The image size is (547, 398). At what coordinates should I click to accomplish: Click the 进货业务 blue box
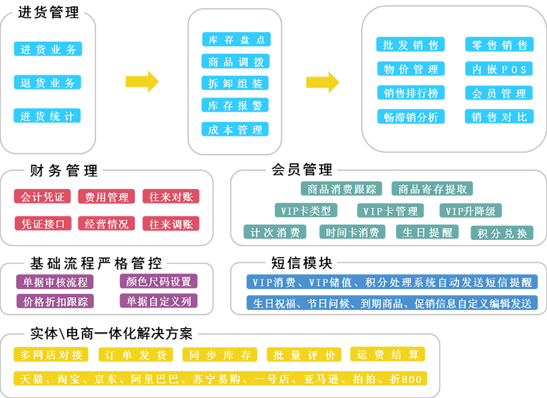coord(48,49)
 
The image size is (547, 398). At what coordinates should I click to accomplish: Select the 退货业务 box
coord(48,83)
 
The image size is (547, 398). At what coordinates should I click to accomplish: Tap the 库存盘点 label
coord(236,40)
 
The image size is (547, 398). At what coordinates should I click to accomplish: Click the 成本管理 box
coord(236,130)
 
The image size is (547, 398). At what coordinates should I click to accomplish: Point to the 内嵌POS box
coord(499,69)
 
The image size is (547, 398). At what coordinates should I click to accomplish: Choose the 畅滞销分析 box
coord(410,117)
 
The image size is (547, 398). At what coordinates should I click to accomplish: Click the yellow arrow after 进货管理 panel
coord(142,81)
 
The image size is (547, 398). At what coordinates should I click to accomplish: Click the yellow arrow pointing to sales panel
coord(323,81)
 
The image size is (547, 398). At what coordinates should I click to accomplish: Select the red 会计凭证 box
coord(42,197)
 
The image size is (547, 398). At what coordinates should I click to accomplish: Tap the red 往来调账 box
coord(170,224)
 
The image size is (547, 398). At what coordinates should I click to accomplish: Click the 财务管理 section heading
coord(64,170)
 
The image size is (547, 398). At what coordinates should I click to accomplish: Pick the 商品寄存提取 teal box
coord(432,189)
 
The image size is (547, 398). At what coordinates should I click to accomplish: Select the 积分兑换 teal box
coord(502,233)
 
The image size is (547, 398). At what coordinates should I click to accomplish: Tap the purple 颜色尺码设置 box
coord(158,281)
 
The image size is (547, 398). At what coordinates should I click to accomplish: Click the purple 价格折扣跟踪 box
coord(55,301)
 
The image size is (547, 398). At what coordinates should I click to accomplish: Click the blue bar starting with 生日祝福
coord(392,303)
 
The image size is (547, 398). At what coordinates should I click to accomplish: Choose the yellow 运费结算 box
coord(387,354)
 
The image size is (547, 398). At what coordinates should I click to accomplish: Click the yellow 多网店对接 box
coord(52,354)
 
